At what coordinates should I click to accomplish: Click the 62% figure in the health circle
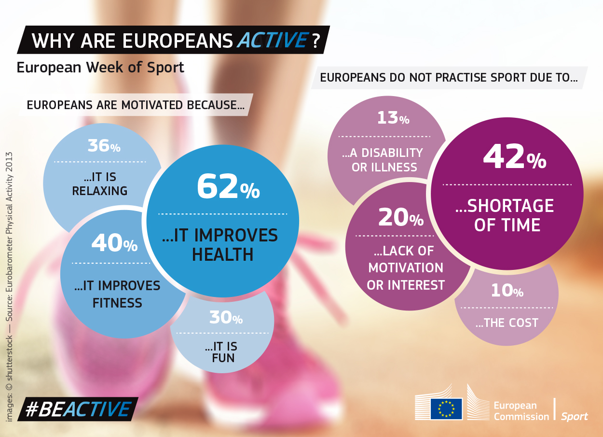[228, 188]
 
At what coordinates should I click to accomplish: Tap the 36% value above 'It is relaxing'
[104, 146]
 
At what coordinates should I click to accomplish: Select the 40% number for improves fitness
[114, 243]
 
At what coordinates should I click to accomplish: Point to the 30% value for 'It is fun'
[225, 317]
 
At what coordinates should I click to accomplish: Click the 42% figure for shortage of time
[514, 158]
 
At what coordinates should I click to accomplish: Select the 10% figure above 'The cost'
[507, 291]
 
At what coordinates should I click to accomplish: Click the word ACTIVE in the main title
[273, 41]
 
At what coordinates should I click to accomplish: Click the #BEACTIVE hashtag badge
[78, 409]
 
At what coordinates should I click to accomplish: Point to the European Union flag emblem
[446, 409]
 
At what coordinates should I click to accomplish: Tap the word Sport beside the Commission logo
[574, 416]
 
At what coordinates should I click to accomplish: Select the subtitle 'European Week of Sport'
[100, 67]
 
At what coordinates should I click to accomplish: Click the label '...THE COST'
[507, 323]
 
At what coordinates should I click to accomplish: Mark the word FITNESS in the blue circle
[117, 303]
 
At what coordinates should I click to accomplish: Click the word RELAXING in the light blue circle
[100, 191]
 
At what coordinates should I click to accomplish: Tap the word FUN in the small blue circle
[223, 358]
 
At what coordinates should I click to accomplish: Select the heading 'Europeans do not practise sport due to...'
[449, 78]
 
